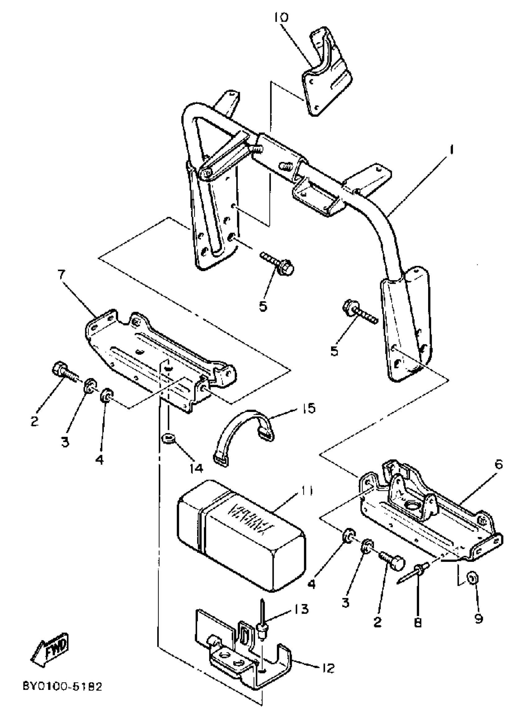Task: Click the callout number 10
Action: click(281, 18)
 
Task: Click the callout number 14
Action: click(196, 468)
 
